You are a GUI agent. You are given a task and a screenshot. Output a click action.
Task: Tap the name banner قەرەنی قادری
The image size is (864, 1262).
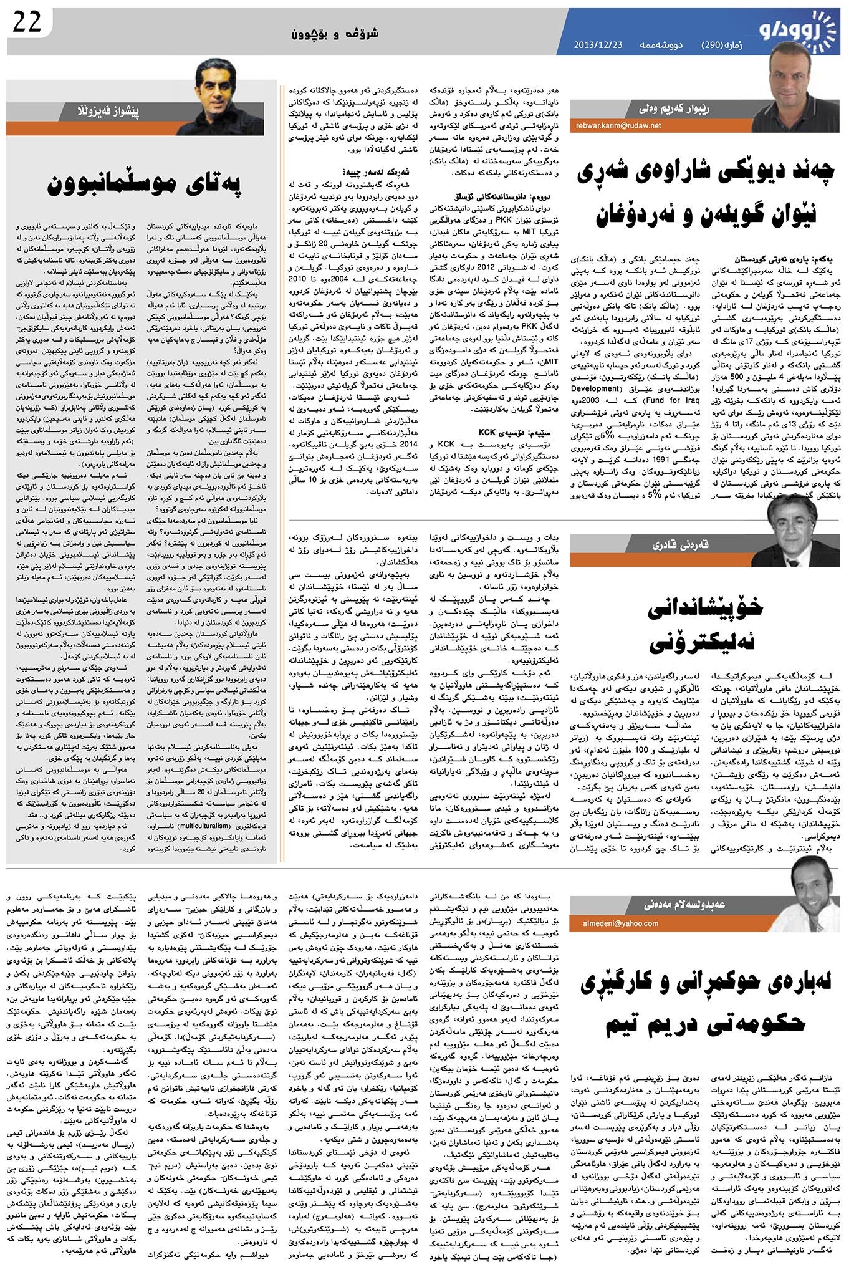(668, 546)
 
